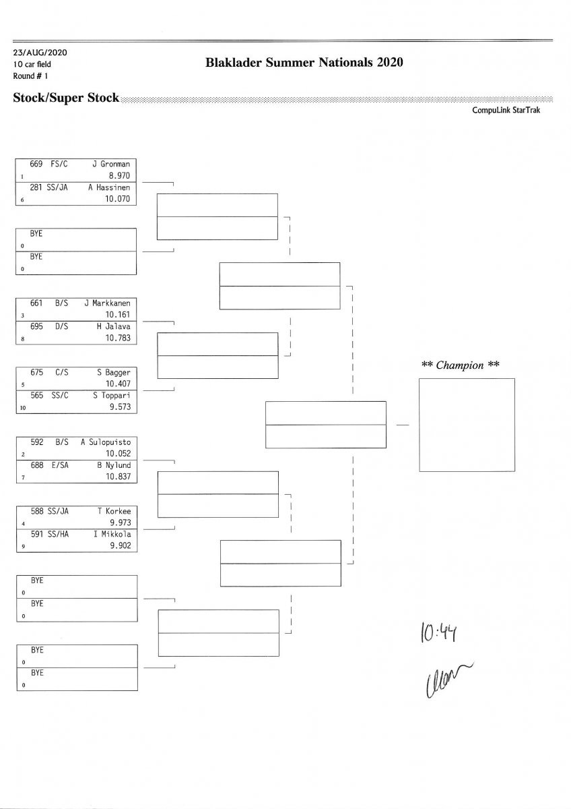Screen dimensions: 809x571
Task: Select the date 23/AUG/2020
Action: (40, 53)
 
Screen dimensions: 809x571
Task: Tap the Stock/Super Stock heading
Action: (66, 98)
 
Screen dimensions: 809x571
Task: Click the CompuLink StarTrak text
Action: (507, 110)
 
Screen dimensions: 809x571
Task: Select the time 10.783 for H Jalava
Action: (117, 338)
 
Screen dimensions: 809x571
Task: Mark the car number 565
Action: (37, 396)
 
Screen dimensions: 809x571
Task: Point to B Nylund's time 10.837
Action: (117, 477)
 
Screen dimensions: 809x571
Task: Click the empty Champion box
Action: (467, 425)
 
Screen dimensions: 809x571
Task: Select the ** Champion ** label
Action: (461, 365)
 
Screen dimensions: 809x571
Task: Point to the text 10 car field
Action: (32, 64)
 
